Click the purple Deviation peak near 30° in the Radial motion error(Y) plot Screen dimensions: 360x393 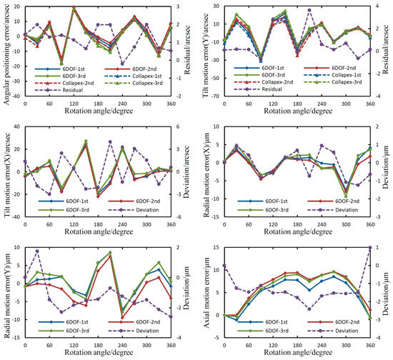(x=36, y=251)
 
